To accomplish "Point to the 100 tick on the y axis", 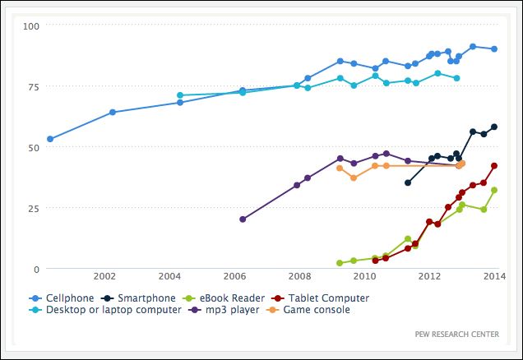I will pos(31,25).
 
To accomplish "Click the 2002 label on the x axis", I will pos(104,276).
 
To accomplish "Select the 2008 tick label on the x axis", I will pos(299,276).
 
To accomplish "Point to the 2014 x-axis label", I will pos(494,276).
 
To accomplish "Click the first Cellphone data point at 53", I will pos(50,139).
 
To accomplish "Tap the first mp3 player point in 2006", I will pos(243,219).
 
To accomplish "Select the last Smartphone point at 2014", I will pos(494,127).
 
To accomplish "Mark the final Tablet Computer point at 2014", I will pos(494,165).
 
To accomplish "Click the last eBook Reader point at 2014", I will pos(494,190).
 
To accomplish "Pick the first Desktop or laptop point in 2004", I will pos(180,95).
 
